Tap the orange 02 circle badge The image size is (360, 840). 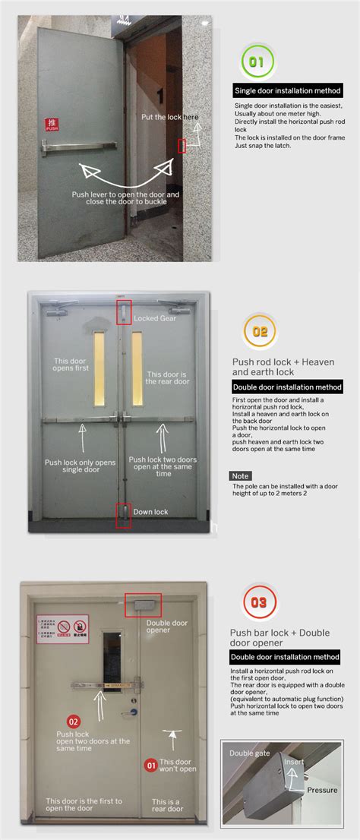pos(259,331)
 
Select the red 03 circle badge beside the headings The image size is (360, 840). pos(258,603)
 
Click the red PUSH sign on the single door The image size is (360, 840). pos(52,125)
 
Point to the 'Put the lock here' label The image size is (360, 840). pos(170,117)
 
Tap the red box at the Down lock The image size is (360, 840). pos(123,515)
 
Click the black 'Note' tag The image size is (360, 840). pos(240,476)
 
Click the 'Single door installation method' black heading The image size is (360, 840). pos(288,90)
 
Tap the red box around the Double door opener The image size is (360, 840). pos(142,605)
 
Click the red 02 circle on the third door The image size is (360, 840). pos(74,722)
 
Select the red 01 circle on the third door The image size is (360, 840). pos(150,765)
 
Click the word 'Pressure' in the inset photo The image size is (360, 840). pos(322,790)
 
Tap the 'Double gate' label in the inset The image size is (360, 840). pos(250,753)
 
